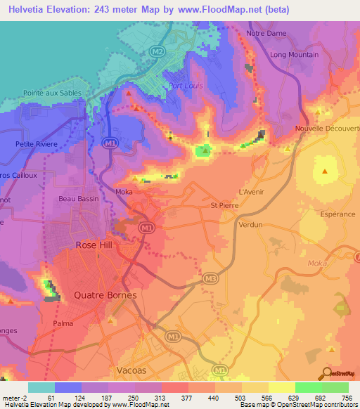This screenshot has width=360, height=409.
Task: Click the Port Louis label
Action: point(186,86)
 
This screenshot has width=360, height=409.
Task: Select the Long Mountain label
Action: point(295,55)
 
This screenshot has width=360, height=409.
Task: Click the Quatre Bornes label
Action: point(105,296)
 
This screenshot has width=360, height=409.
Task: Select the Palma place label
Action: point(63,324)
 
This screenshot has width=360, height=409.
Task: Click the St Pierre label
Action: point(225,205)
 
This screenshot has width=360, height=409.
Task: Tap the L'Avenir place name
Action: point(251,191)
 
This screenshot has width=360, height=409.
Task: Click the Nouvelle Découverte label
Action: point(327,129)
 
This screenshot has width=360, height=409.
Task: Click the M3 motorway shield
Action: point(210,279)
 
